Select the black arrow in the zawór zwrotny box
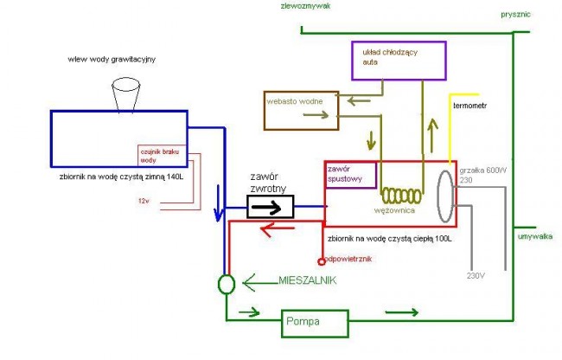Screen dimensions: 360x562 pyautogui.click(x=269, y=207)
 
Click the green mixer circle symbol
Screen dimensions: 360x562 pyautogui.click(x=226, y=284)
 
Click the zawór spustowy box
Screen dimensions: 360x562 pyautogui.click(x=350, y=175)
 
